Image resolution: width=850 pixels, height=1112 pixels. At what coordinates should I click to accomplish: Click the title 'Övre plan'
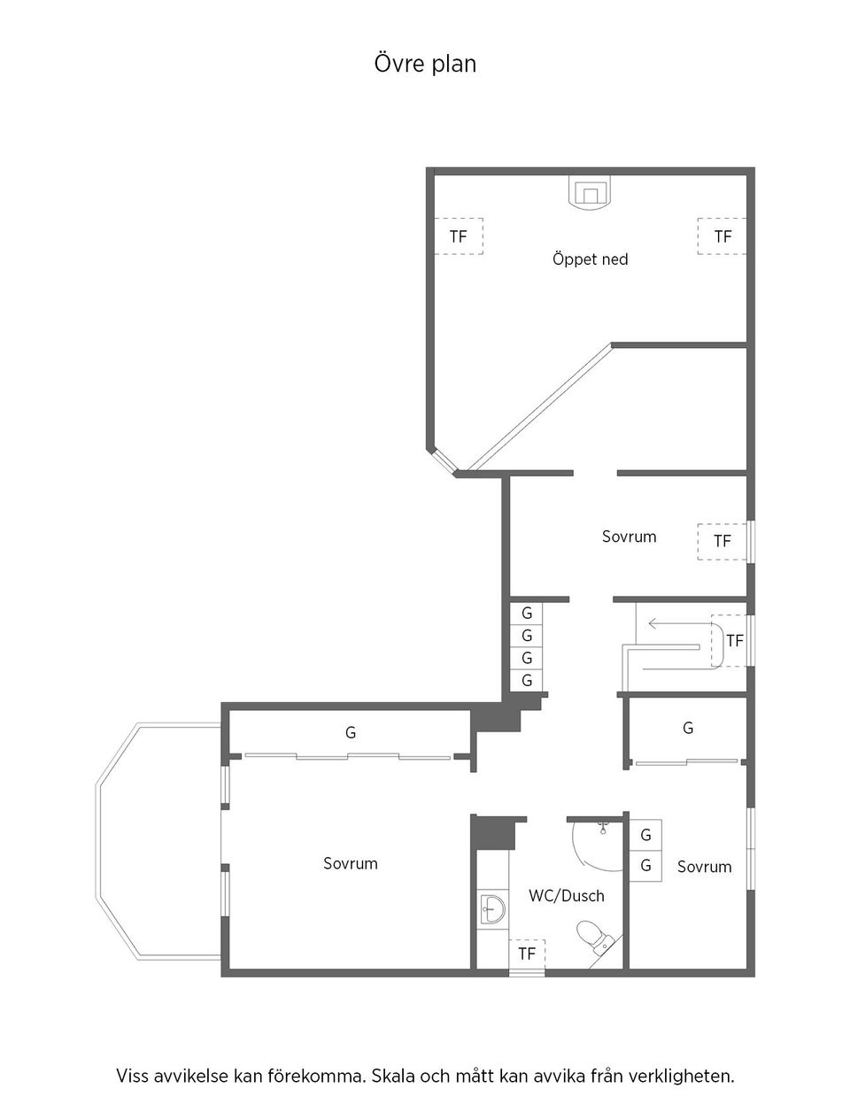tap(425, 64)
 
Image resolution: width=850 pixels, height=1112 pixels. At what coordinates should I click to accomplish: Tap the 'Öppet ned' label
tap(590, 259)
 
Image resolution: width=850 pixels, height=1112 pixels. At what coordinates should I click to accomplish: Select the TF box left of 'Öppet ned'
tap(458, 236)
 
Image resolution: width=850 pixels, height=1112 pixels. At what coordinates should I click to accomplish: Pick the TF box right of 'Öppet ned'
tap(722, 236)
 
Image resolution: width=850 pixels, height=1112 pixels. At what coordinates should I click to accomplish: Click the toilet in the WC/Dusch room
tap(592, 938)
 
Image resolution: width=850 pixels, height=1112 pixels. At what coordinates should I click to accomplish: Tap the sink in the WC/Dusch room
tap(491, 907)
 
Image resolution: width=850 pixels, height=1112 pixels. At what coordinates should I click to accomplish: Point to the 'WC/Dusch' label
tap(567, 896)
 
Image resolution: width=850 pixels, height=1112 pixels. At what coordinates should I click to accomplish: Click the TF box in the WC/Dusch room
tap(527, 954)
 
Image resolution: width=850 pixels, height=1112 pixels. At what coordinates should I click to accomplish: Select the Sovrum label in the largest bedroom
tap(351, 863)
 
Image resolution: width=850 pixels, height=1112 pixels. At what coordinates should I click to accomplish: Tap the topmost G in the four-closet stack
tap(527, 614)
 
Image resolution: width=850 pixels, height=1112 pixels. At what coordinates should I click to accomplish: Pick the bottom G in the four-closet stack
tap(527, 681)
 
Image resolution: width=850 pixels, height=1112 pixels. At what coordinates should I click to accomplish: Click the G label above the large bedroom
tap(351, 733)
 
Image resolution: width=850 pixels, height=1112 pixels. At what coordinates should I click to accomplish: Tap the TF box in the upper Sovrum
tap(722, 540)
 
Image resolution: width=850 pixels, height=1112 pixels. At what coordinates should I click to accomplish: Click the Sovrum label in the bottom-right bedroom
tap(705, 867)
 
